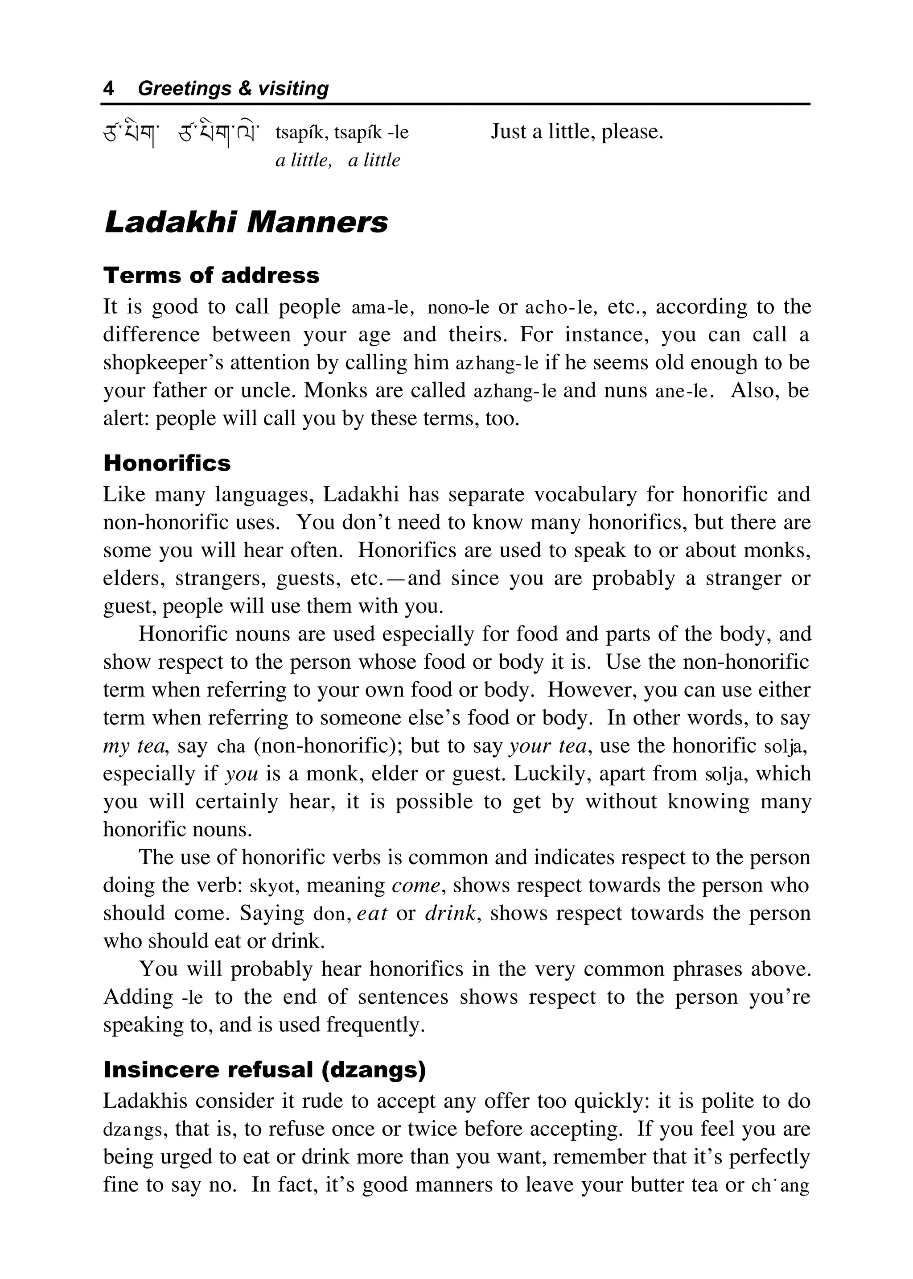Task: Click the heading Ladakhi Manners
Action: point(246,222)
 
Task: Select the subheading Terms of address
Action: point(211,276)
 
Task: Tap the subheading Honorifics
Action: point(167,464)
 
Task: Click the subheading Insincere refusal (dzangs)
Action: point(264,1070)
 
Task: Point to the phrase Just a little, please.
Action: point(577,132)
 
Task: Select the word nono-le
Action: point(458,308)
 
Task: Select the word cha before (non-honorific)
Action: point(231,747)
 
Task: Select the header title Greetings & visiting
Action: point(233,88)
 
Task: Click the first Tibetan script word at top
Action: point(132,133)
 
